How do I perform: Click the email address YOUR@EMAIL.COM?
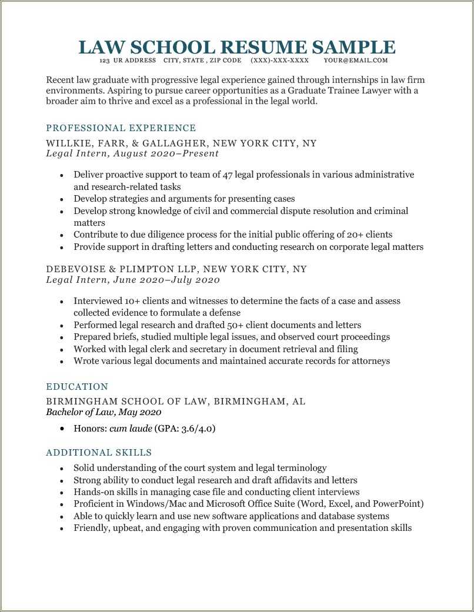[356, 61]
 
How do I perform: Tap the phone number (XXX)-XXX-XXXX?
[279, 61]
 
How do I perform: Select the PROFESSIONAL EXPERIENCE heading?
[121, 128]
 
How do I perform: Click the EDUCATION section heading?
[77, 387]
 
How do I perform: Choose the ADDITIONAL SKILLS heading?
[99, 453]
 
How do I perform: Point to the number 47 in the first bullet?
[229, 175]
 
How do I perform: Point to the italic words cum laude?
[131, 429]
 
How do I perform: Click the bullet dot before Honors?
[62, 429]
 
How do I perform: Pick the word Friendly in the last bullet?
[91, 528]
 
